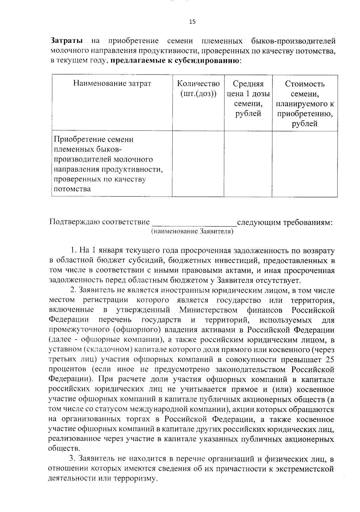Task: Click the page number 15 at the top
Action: coord(192,22)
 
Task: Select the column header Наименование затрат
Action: coord(112,84)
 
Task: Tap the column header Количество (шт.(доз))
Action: coord(198,88)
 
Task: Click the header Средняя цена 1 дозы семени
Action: coord(248,99)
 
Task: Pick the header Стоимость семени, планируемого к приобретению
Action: coord(304,103)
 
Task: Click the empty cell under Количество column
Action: coord(198,164)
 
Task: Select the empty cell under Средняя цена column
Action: coord(248,164)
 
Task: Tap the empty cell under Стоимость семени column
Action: coord(304,164)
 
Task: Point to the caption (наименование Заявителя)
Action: coord(192,231)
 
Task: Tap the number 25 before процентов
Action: coord(329,359)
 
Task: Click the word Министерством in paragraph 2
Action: coord(208,310)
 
